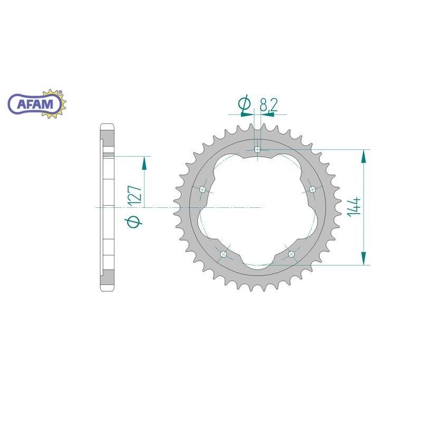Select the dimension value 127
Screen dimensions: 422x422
click(x=135, y=195)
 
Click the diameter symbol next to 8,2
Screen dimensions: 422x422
click(x=244, y=105)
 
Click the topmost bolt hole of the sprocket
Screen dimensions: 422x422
click(x=257, y=150)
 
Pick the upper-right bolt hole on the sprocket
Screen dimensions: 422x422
click(x=312, y=189)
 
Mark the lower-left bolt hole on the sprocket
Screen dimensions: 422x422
click(x=224, y=254)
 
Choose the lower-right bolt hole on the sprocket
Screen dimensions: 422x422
click(x=291, y=254)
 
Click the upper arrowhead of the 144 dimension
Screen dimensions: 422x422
click(x=363, y=156)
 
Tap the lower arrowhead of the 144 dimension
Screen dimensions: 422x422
click(x=363, y=258)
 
